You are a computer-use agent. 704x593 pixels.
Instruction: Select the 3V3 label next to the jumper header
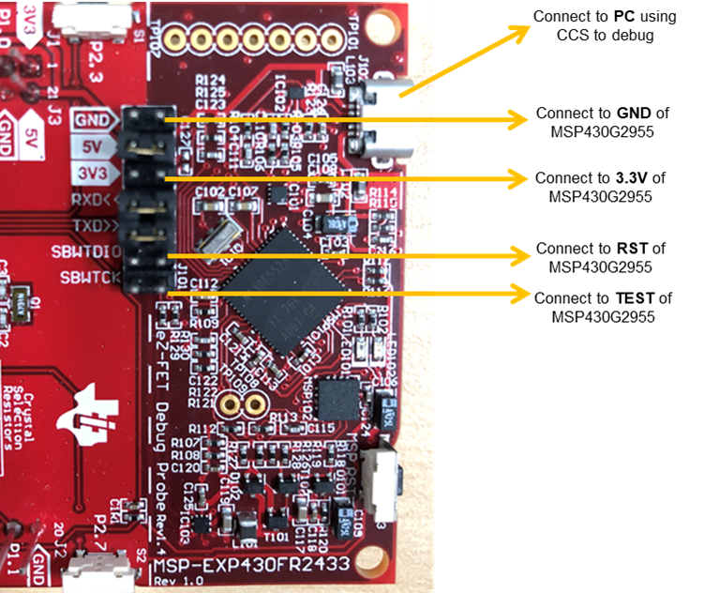[94, 174]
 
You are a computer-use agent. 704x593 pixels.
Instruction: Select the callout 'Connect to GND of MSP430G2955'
[602, 121]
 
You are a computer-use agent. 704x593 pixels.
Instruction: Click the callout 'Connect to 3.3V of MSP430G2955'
[602, 186]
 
